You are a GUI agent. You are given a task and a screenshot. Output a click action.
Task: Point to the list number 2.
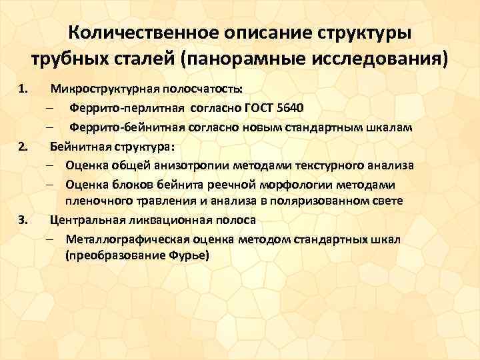click(x=23, y=146)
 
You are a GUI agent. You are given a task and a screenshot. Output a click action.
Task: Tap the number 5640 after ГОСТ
click(x=289, y=108)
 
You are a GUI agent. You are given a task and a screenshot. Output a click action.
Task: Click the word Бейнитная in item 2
click(x=80, y=146)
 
